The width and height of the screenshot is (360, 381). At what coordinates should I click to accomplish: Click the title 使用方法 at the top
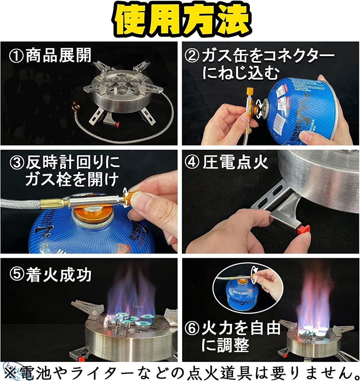180,20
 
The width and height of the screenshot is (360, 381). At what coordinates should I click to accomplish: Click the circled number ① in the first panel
17,57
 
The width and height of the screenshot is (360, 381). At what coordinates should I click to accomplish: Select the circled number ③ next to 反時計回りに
17,164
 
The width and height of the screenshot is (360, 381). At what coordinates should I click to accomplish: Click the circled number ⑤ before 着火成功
17,275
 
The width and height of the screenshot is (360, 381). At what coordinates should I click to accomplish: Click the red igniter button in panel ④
304,229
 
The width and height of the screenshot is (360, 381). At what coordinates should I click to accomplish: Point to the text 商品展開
58,57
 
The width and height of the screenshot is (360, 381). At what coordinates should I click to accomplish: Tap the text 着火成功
58,275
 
